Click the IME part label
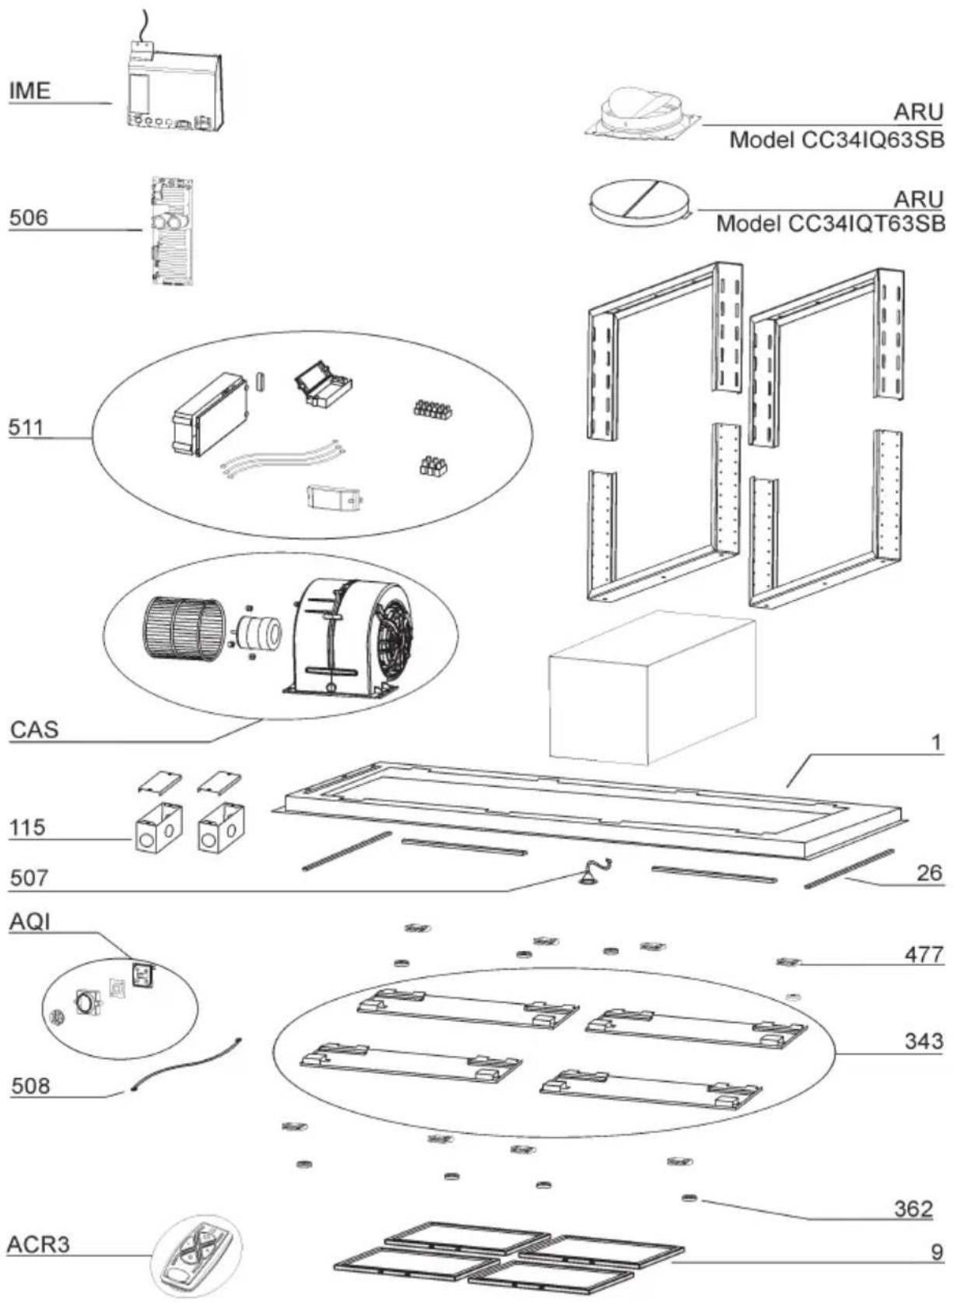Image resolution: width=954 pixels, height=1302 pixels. click(x=30, y=91)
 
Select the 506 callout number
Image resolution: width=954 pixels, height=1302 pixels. click(x=28, y=218)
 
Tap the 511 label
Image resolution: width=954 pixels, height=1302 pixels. click(x=26, y=427)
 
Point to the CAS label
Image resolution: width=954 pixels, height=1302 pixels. click(x=34, y=730)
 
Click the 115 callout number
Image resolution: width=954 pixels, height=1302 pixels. click(x=28, y=827)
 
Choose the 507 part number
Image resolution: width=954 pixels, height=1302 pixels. click(x=29, y=878)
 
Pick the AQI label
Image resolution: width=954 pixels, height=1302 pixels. click(x=30, y=922)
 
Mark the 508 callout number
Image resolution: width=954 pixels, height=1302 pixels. click(x=30, y=1085)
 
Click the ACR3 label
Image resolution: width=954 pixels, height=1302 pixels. click(x=38, y=1244)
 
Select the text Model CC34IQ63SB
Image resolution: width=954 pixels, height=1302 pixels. click(x=837, y=141)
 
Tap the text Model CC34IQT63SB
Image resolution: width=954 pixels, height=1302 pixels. click(x=830, y=224)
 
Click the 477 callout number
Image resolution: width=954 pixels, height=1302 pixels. click(x=924, y=954)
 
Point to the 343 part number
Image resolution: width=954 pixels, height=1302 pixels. click(x=924, y=1041)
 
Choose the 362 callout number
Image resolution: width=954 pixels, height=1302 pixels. click(x=913, y=1208)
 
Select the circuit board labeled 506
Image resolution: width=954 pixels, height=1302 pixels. click(x=171, y=230)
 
